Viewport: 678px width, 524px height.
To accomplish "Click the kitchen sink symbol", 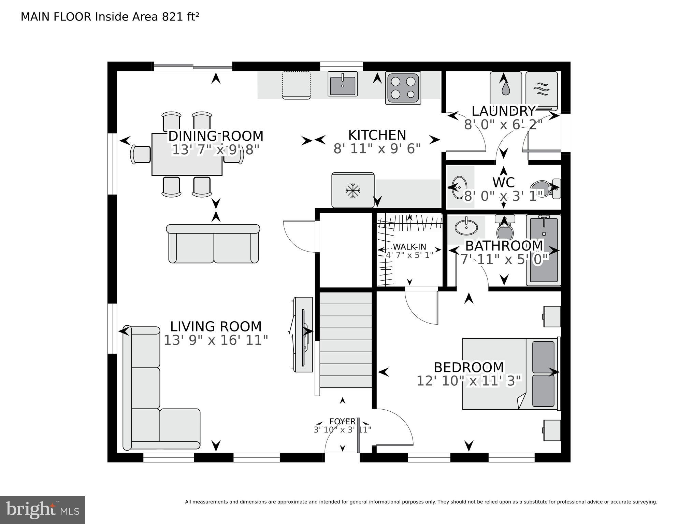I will tap(342, 84).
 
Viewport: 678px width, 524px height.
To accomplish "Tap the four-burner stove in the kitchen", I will tap(403, 88).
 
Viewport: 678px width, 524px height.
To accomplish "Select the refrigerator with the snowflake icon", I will tap(353, 190).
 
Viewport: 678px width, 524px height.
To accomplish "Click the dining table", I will tap(187, 154).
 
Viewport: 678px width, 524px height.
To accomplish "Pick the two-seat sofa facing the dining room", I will tap(214, 244).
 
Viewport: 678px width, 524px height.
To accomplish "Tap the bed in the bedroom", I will tap(510, 374).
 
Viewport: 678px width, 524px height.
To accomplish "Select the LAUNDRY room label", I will tap(503, 111).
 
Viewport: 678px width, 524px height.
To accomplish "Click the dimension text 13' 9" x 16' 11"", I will tap(216, 340).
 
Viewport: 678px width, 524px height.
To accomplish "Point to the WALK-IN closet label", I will tap(409, 247).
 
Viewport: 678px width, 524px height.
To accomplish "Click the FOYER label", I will tap(342, 422).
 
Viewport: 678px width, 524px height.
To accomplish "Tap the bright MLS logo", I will tap(42, 510).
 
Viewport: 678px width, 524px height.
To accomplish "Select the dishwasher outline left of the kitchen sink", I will tap(296, 85).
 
